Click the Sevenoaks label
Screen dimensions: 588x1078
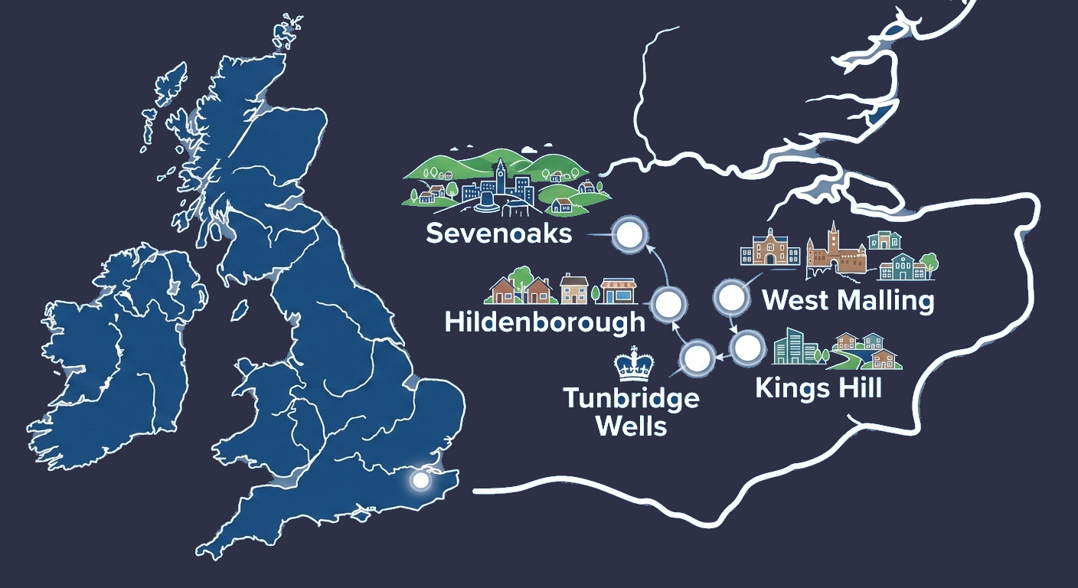(x=498, y=233)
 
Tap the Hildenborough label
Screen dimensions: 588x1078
(x=544, y=322)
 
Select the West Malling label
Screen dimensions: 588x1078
(x=848, y=300)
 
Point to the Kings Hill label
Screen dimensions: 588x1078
(x=818, y=387)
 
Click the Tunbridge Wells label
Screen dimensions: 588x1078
(x=631, y=411)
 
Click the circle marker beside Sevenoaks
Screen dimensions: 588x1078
(x=629, y=236)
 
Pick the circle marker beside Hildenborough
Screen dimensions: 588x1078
(x=668, y=305)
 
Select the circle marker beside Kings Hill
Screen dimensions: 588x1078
(x=746, y=349)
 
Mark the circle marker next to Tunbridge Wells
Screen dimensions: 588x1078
(x=697, y=358)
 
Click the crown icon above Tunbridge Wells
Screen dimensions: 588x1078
(x=632, y=364)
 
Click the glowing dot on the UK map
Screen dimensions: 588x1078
(x=420, y=480)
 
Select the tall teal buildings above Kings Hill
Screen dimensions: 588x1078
(x=792, y=348)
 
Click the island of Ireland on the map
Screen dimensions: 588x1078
(x=122, y=337)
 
